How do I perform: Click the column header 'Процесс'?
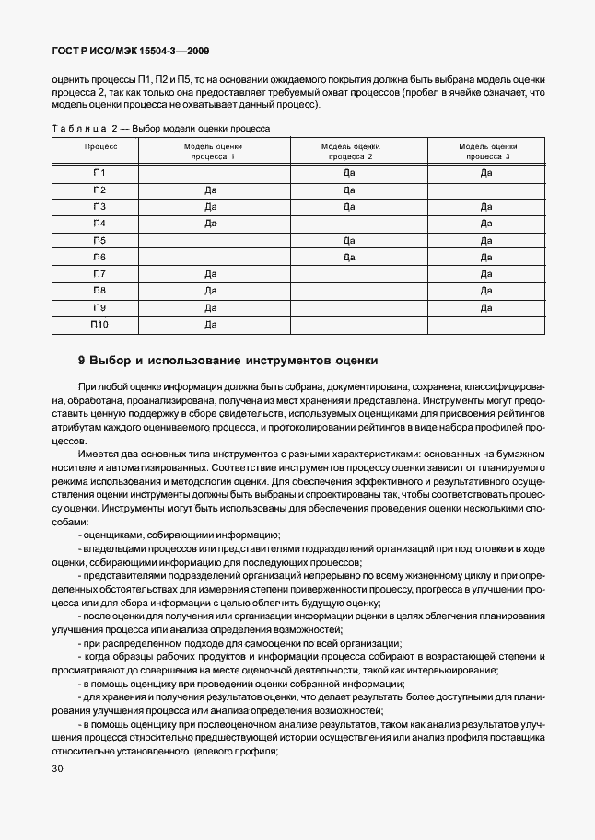coord(100,146)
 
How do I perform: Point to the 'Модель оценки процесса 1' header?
coord(213,152)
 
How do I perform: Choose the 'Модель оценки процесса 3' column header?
coord(487,152)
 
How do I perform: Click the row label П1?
coord(99,173)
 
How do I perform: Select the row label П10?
coord(99,325)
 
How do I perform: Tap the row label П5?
coord(99,240)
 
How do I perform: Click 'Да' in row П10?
coord(210,325)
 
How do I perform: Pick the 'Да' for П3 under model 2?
coord(349,207)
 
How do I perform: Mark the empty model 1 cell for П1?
coord(213,173)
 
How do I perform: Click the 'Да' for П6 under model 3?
coord(486,258)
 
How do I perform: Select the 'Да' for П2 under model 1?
coord(210,190)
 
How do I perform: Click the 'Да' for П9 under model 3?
coord(486,308)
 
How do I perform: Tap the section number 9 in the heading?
coord(82,360)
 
